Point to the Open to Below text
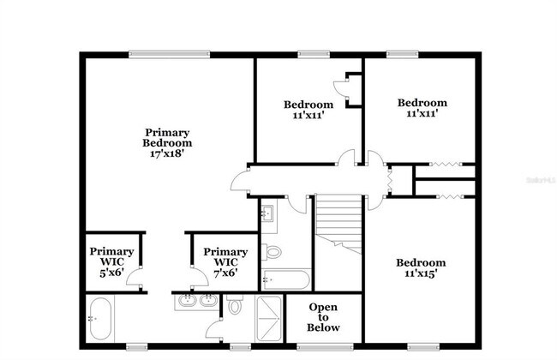(x=323, y=317)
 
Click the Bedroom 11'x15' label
(x=420, y=268)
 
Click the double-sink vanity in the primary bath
(x=198, y=301)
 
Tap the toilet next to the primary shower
(x=235, y=307)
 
